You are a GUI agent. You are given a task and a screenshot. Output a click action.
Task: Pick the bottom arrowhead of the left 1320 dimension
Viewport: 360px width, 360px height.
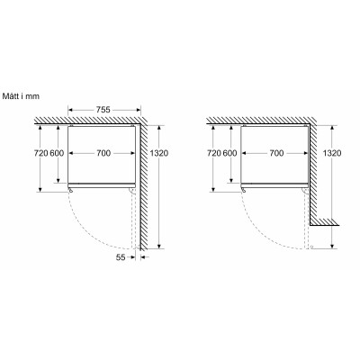(158, 246)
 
